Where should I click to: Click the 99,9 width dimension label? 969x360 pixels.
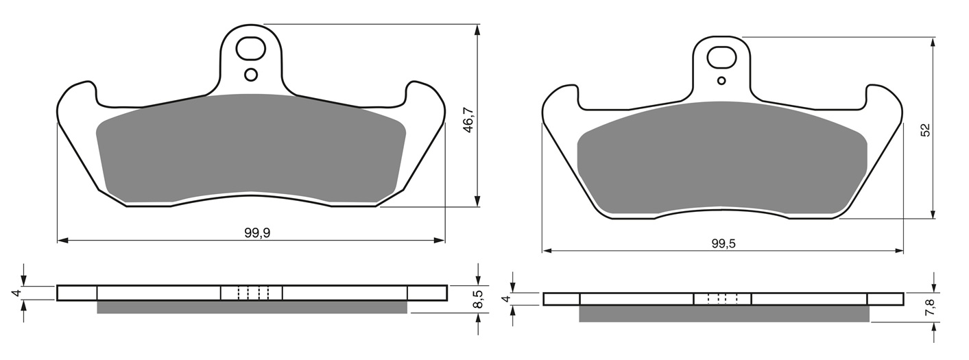coord(257,232)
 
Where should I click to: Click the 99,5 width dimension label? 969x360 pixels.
coord(723,244)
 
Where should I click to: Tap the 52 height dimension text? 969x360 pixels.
coord(925,130)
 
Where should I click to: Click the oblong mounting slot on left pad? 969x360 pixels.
coord(250,49)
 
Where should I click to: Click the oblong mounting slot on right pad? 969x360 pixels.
coord(721,58)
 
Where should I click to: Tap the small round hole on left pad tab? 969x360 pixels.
coord(251,75)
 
